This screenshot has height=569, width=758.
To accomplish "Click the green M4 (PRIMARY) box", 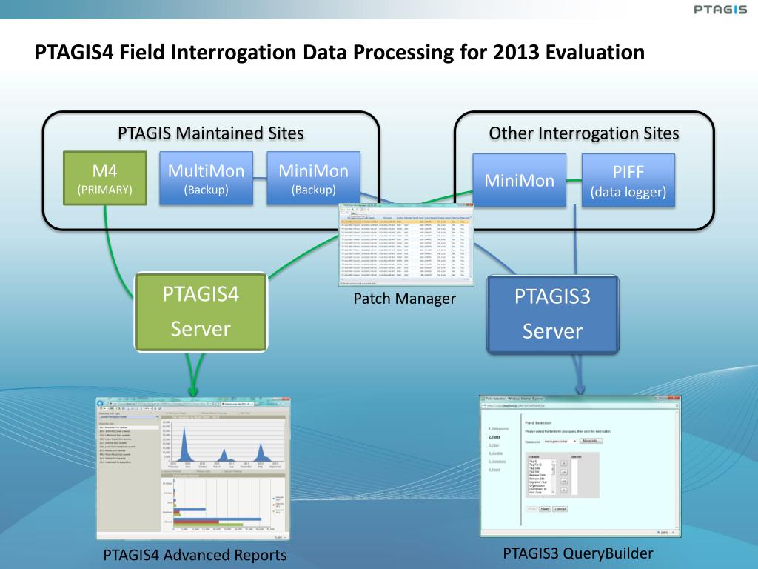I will point(104,178).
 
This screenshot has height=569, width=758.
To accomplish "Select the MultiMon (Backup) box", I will point(206,178).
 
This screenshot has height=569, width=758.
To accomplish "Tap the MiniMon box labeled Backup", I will point(313,178).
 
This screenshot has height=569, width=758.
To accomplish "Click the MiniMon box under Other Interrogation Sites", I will point(519,180).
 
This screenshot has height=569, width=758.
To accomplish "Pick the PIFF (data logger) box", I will point(628,180).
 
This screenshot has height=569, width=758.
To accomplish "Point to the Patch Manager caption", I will point(404,299).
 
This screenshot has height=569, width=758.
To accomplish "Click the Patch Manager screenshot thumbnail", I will point(406,244).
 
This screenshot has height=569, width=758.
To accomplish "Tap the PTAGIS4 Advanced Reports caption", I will point(195,555).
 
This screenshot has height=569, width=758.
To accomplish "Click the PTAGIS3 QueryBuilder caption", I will point(578,553).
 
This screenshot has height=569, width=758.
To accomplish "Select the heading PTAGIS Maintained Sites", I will point(211,133).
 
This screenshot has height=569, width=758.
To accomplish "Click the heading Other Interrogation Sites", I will point(584,133).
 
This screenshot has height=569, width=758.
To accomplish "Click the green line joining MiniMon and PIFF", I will point(574,179).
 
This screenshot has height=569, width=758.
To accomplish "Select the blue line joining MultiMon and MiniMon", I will point(260,178).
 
